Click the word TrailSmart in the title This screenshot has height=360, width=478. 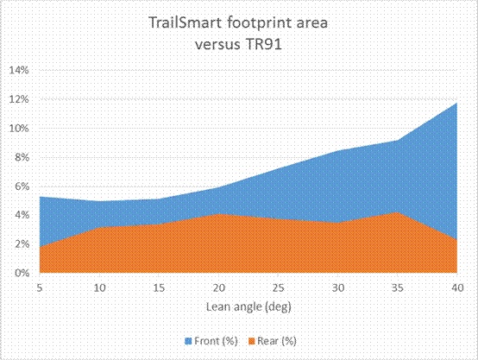(179, 23)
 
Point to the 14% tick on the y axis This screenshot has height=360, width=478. (19, 70)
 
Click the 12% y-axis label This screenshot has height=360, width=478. (19, 99)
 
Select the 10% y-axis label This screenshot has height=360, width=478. (19, 128)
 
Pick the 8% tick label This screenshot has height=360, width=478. (22, 157)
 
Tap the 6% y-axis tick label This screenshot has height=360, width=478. (22, 186)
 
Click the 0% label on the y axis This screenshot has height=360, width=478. (22, 273)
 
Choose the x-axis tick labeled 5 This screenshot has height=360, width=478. (40, 287)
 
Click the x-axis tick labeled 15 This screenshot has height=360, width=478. (159, 287)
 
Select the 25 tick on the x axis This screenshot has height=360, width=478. (279, 287)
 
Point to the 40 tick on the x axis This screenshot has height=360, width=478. (457, 287)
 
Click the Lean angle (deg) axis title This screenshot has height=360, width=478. (248, 306)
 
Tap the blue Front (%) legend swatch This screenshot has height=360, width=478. (188, 341)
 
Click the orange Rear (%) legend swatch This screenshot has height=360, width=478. (251, 341)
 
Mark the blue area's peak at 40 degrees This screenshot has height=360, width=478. (456, 103)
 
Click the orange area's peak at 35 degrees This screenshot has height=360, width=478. (398, 212)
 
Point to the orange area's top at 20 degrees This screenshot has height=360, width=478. (218, 213)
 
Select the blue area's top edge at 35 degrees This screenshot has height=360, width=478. (398, 141)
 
